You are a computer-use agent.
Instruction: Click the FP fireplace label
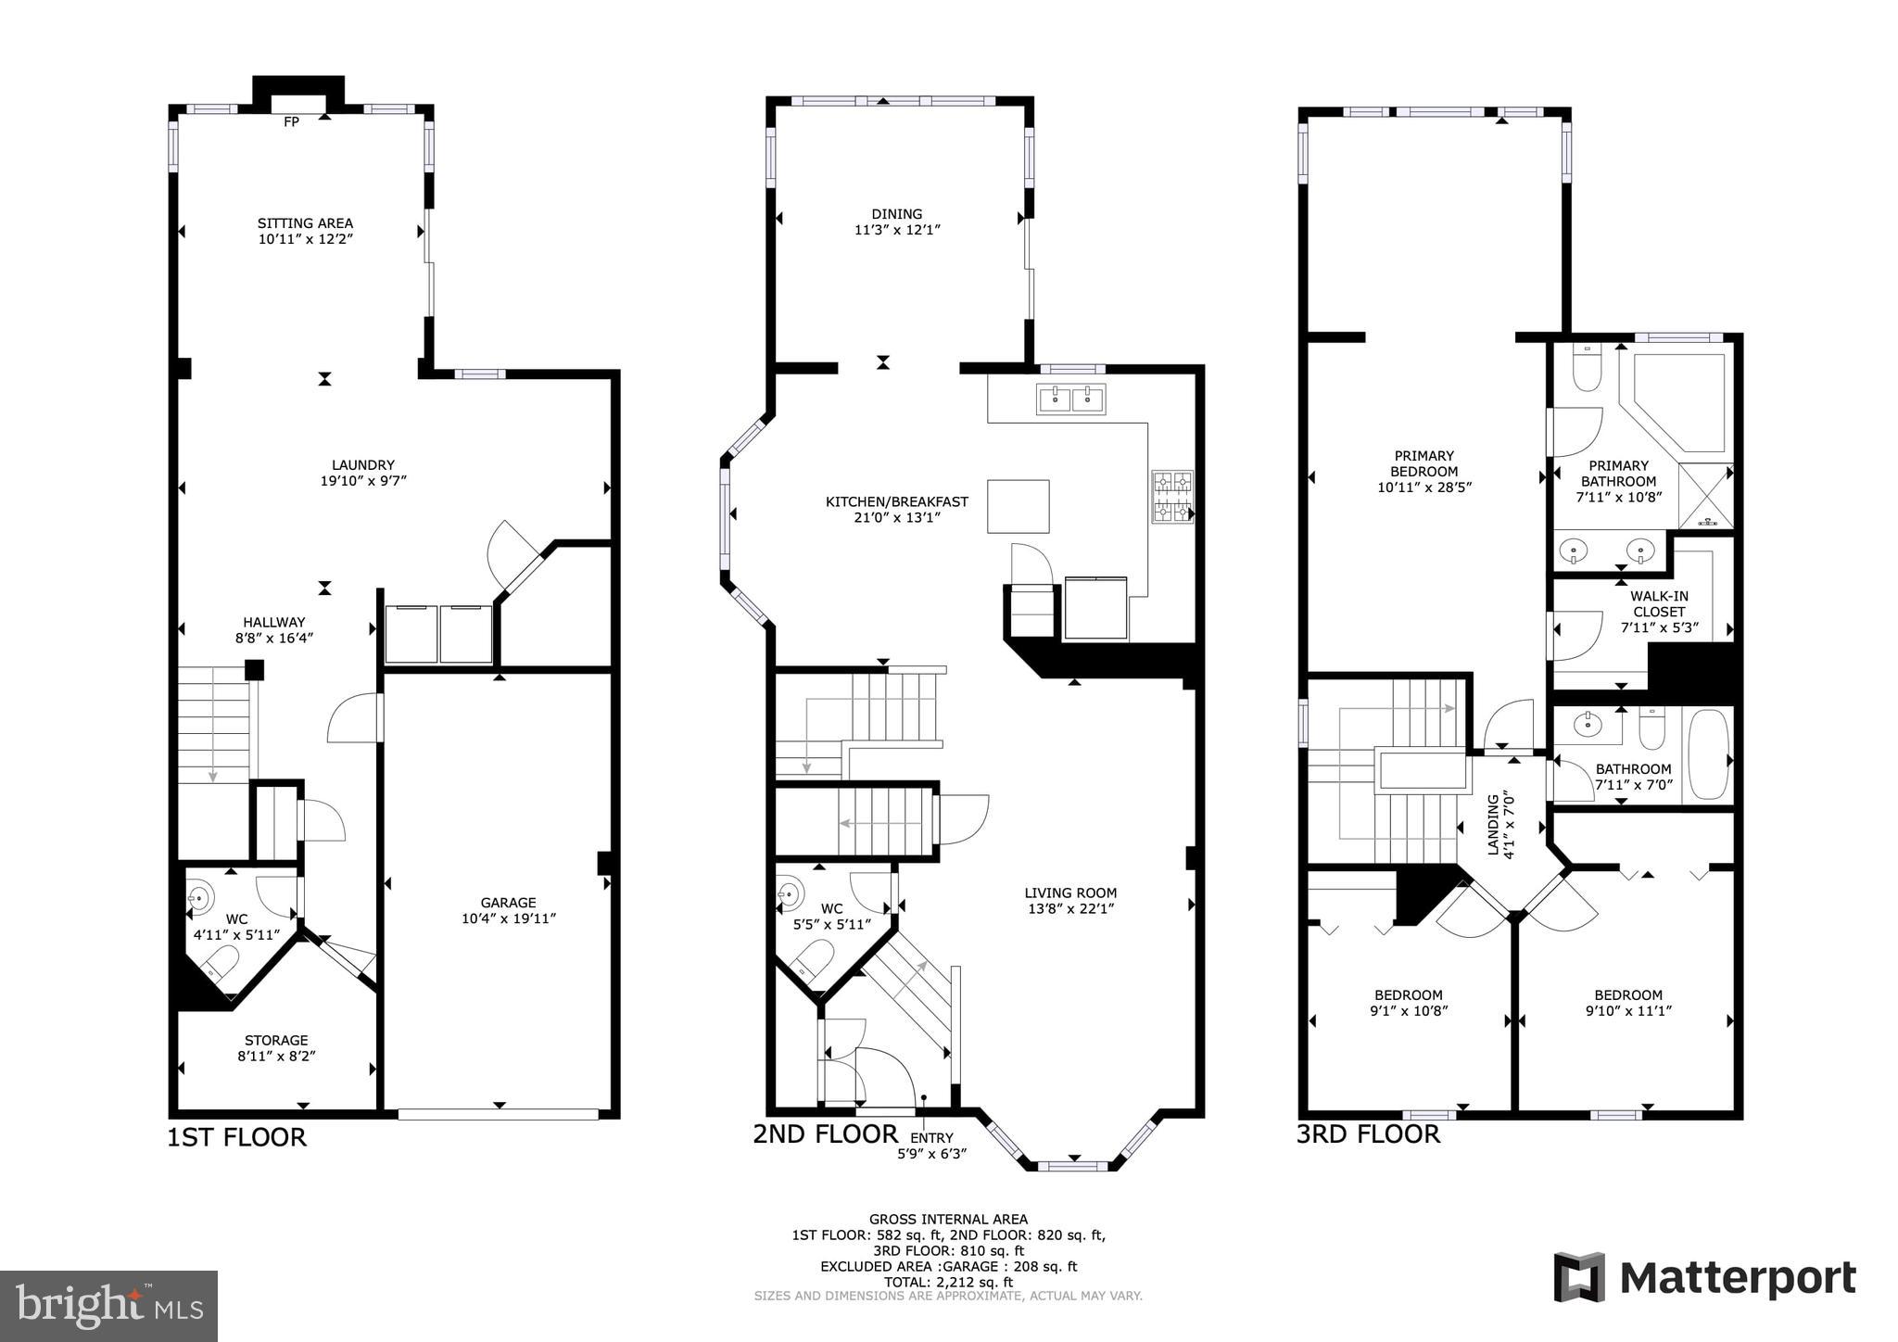coord(291,121)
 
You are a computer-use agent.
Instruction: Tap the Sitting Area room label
coord(305,223)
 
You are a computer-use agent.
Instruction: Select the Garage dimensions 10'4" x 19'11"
coord(508,918)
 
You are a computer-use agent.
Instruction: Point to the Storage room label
coord(276,1040)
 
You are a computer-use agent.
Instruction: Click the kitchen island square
coord(1018,506)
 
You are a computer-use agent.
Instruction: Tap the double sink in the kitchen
coord(1070,399)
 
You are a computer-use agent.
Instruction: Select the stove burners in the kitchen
coord(1172,498)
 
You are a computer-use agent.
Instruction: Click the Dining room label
coord(896,214)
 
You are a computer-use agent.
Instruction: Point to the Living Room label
coord(1070,893)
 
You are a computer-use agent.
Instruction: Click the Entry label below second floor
coord(931,1138)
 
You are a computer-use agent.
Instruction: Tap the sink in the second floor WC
coord(790,893)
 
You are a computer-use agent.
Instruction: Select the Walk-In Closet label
coord(1659,604)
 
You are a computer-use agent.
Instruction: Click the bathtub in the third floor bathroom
coord(1708,754)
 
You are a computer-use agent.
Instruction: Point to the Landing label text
coord(1493,825)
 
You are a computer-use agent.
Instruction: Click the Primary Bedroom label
coord(1423,463)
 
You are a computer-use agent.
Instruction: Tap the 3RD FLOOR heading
coord(1368,1134)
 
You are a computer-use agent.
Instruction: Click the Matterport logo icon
coord(1578,1277)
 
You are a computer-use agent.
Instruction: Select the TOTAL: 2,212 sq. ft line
coord(948,1283)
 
